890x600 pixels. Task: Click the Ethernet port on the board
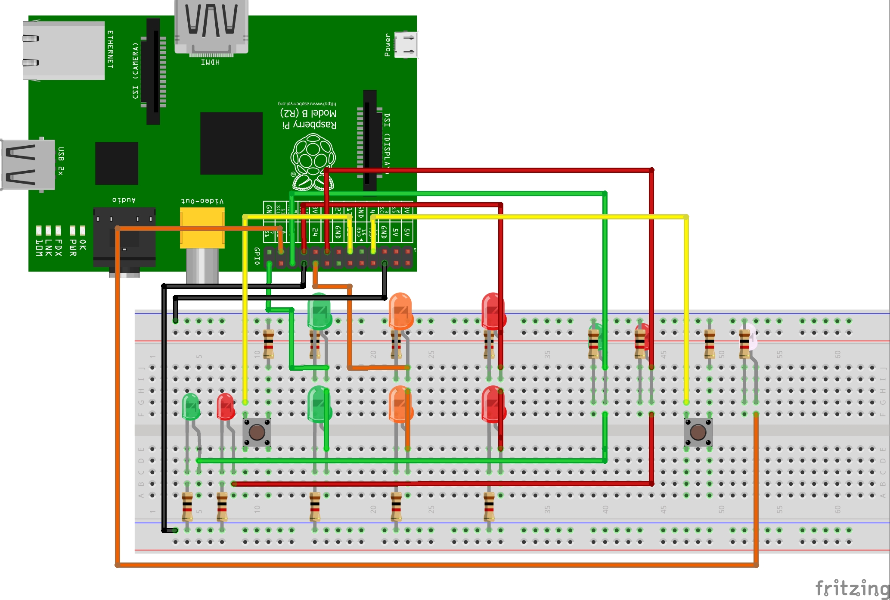(x=64, y=50)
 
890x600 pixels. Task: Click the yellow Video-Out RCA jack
(x=202, y=228)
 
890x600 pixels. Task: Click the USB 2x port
(x=28, y=165)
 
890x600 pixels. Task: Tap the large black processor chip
(x=231, y=143)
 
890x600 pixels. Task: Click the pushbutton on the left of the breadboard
(x=257, y=432)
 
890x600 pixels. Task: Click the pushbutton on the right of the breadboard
(x=698, y=432)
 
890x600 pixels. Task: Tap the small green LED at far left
(x=190, y=406)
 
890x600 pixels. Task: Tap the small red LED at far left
(x=225, y=406)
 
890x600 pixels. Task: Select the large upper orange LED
(x=400, y=311)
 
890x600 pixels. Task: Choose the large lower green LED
(x=319, y=404)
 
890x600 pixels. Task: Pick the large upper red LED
(x=493, y=311)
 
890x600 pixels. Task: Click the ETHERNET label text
(x=110, y=49)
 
